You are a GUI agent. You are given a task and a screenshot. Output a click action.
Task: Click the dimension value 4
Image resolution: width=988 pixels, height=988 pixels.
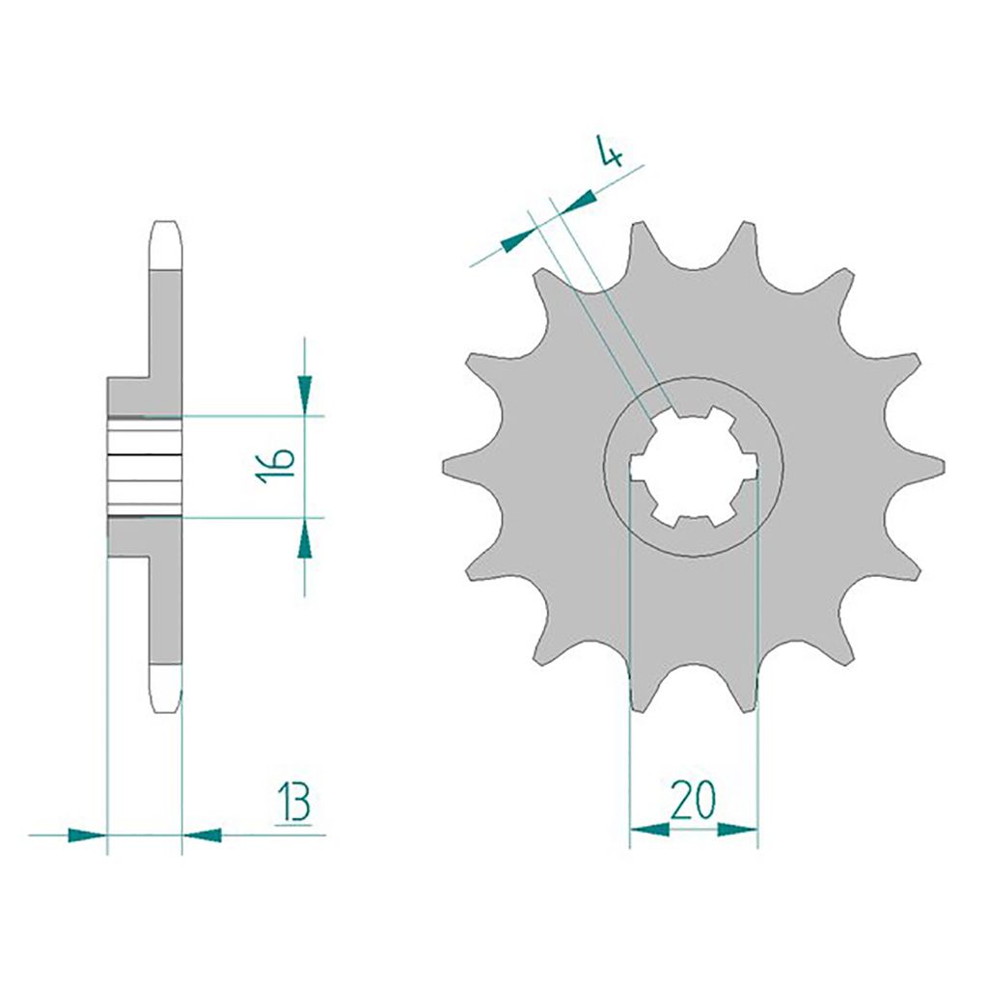click(610, 151)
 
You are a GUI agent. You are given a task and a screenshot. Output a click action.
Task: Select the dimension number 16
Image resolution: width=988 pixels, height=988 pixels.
click(278, 467)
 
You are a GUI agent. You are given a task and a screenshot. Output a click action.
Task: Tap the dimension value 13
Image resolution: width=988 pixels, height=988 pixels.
click(293, 802)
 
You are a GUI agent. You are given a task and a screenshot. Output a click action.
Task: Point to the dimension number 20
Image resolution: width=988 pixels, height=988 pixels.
click(693, 800)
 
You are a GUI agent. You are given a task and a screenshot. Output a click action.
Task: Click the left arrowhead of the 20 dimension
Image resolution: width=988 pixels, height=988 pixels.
click(649, 829)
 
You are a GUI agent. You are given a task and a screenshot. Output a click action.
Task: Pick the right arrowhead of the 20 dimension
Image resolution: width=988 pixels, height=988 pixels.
click(737, 829)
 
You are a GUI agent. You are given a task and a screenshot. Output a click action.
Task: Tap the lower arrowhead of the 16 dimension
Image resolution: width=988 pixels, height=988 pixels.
click(305, 537)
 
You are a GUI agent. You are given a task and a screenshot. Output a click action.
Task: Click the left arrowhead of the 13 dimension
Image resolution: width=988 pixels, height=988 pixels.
click(87, 836)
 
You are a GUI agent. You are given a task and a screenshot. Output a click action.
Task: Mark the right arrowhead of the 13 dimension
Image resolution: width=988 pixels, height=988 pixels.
click(203, 836)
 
